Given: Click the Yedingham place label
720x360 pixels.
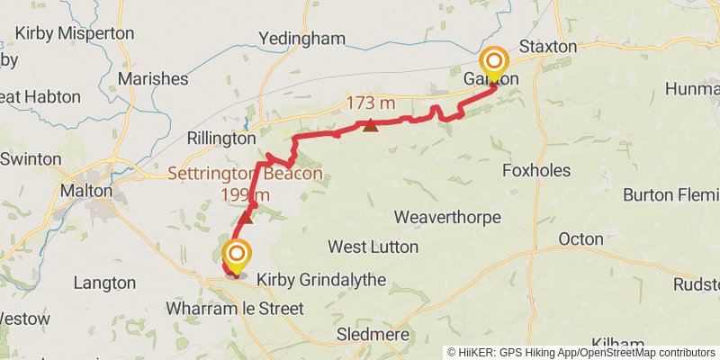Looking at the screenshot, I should click(x=301, y=38).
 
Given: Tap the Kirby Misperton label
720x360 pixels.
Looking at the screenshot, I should click(x=76, y=33).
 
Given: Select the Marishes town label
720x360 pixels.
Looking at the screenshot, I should click(x=152, y=78).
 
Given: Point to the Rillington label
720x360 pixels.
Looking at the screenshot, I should click(x=221, y=139).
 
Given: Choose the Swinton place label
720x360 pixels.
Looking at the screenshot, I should click(x=31, y=159).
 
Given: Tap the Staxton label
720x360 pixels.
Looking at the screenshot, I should click(x=548, y=45).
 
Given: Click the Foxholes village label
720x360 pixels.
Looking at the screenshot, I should click(x=538, y=170).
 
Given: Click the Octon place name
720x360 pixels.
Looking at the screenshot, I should click(x=580, y=239).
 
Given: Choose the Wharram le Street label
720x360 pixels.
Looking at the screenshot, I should click(x=235, y=309).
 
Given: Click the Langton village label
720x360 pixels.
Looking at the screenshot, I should click(x=104, y=283).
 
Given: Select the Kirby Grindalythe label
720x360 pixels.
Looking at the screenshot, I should click(x=321, y=281).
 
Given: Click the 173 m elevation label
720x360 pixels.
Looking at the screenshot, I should click(x=371, y=103).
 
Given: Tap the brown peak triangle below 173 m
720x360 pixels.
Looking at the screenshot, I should click(x=371, y=125).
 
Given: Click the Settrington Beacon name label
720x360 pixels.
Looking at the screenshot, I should click(x=244, y=175).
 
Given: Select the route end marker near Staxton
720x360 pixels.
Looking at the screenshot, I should click(x=494, y=63).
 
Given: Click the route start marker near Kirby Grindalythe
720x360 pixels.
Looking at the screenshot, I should click(x=237, y=254).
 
